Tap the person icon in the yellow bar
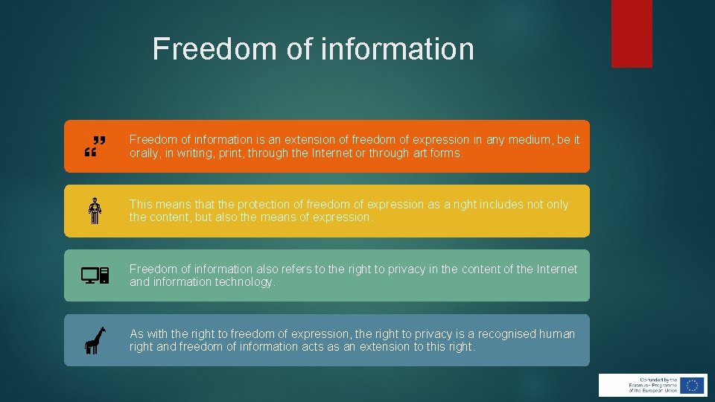[95, 211]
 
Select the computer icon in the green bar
[95, 275]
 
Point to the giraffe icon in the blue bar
[95, 340]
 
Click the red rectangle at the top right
[632, 33]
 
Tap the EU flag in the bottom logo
[693, 385]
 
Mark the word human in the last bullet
[557, 334]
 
